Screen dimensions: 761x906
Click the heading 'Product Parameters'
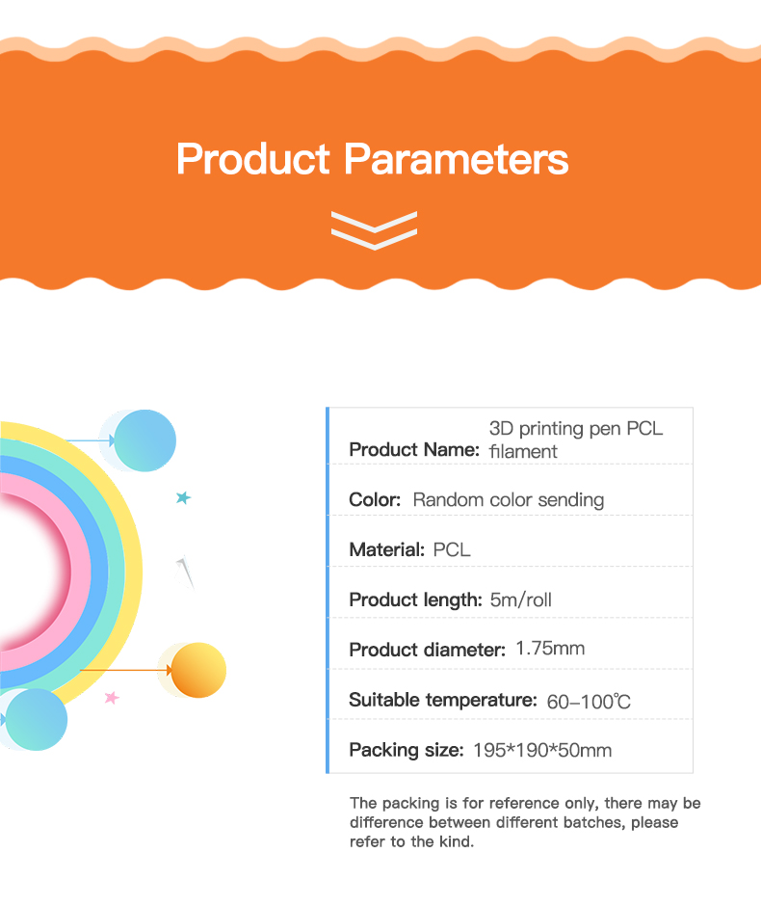[373, 159]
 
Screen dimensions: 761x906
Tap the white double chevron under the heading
[374, 230]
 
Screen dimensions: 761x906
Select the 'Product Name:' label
[414, 449]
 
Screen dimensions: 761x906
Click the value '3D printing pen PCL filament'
[576, 440]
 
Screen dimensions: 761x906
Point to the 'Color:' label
[375, 500]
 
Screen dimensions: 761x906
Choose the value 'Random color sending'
[508, 500]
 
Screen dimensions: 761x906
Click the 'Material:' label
[387, 549]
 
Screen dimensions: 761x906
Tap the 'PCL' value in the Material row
[452, 549]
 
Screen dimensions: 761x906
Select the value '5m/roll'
[521, 600]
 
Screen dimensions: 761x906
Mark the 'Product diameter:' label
[428, 650]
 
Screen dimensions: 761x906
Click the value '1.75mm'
[550, 649]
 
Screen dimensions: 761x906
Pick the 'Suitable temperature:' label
[443, 701]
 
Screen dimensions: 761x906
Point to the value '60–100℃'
[589, 702]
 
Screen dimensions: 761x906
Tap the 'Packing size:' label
[407, 751]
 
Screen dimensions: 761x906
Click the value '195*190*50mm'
[542, 751]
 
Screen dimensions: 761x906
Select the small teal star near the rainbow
[183, 497]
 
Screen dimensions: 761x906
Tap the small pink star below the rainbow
[112, 698]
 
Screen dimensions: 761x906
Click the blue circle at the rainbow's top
[144, 440]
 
